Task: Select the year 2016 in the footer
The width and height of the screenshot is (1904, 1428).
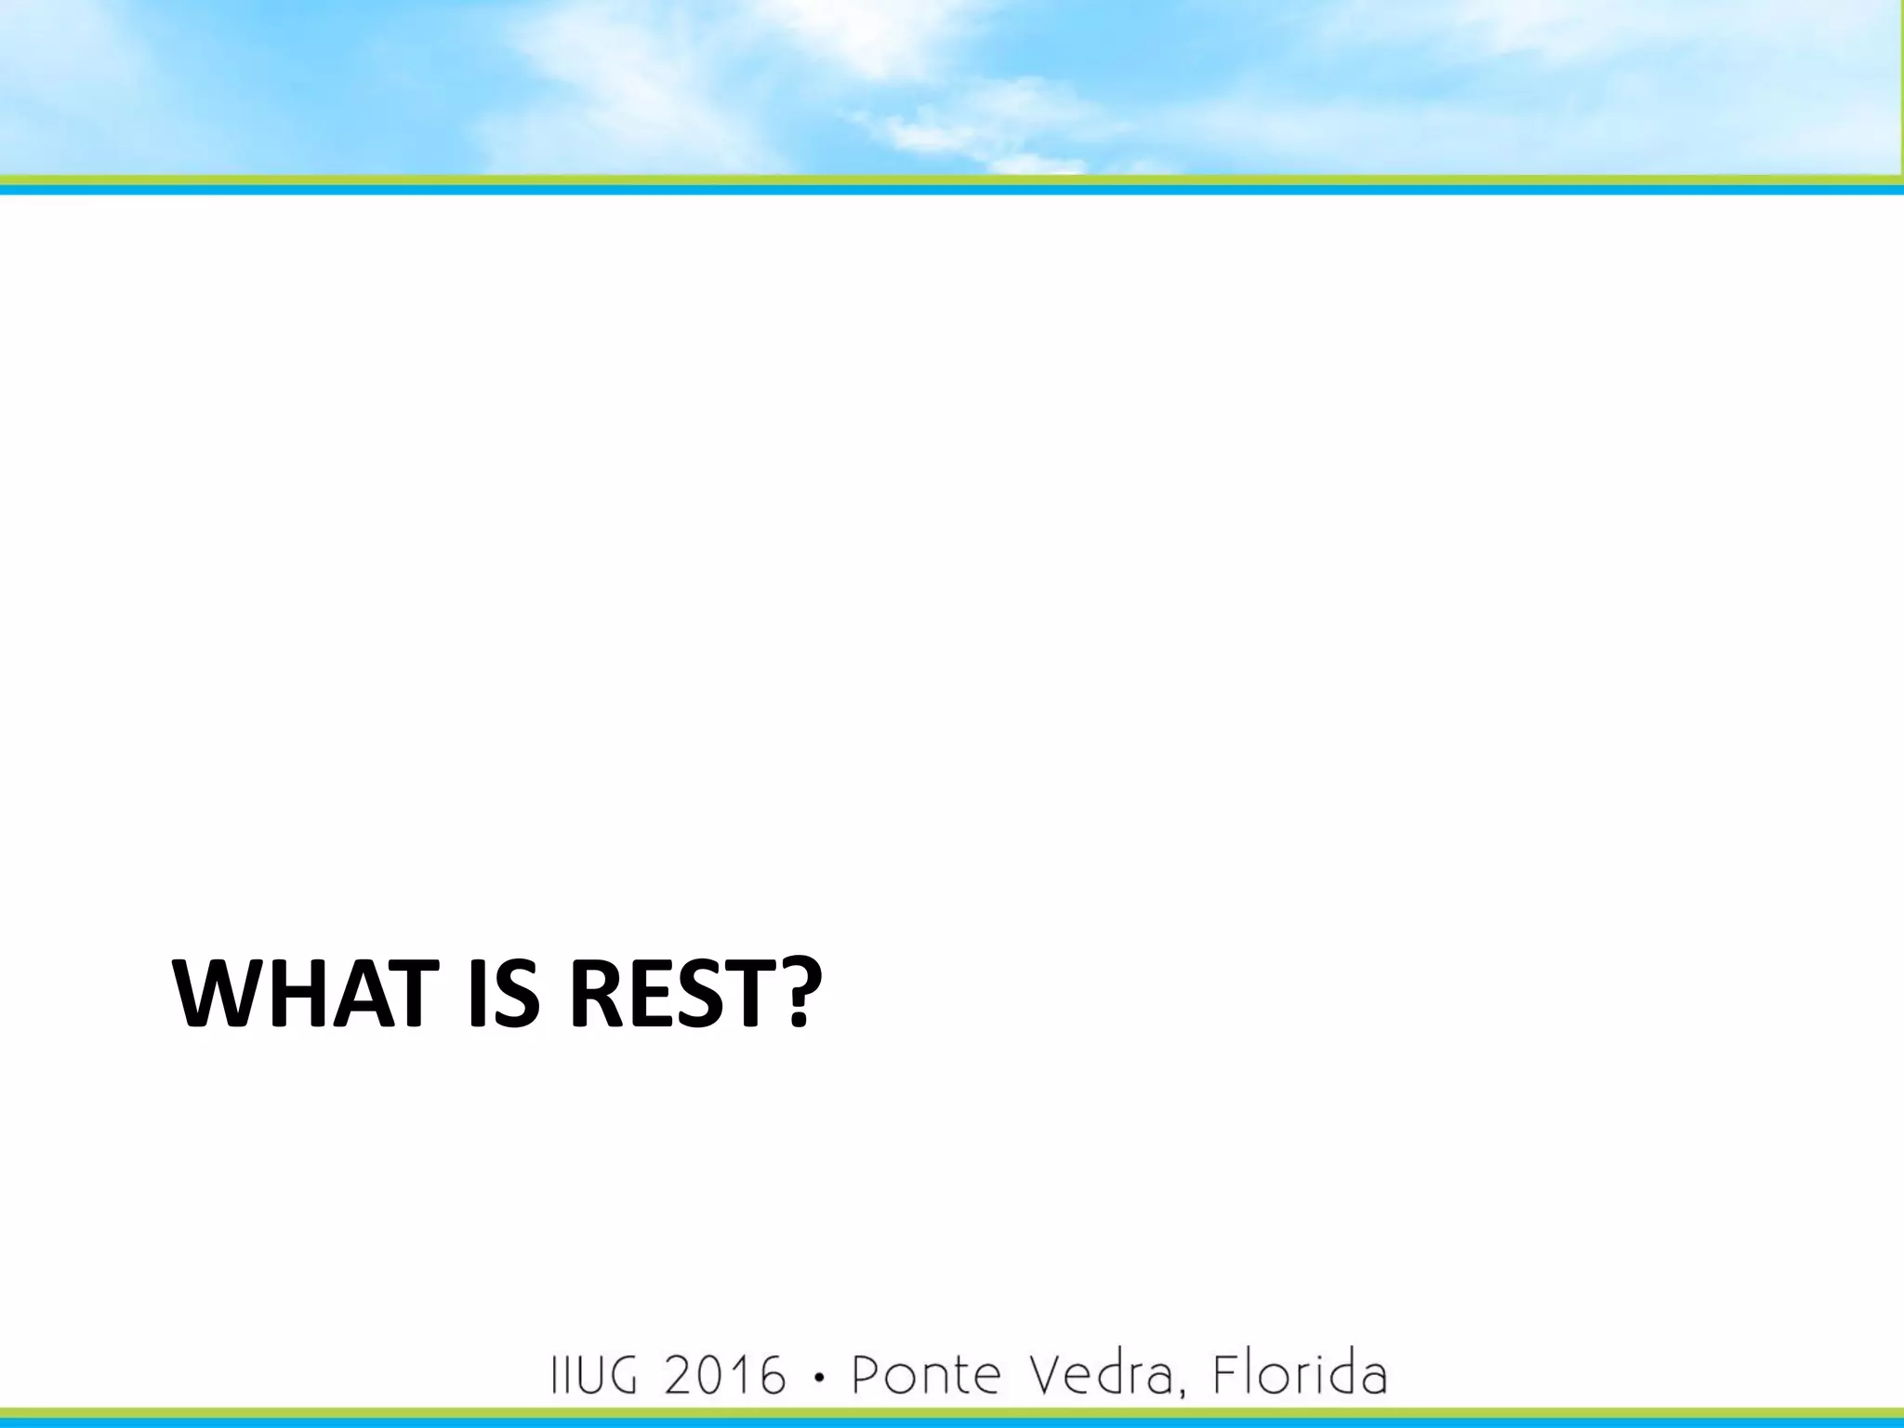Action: coord(725,1375)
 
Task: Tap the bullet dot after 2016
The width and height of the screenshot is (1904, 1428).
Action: coord(818,1377)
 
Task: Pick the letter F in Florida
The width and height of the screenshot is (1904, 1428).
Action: coord(1225,1375)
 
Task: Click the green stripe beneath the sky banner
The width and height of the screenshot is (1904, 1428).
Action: coord(930,179)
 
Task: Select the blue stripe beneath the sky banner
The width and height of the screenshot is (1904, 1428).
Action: coord(930,190)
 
